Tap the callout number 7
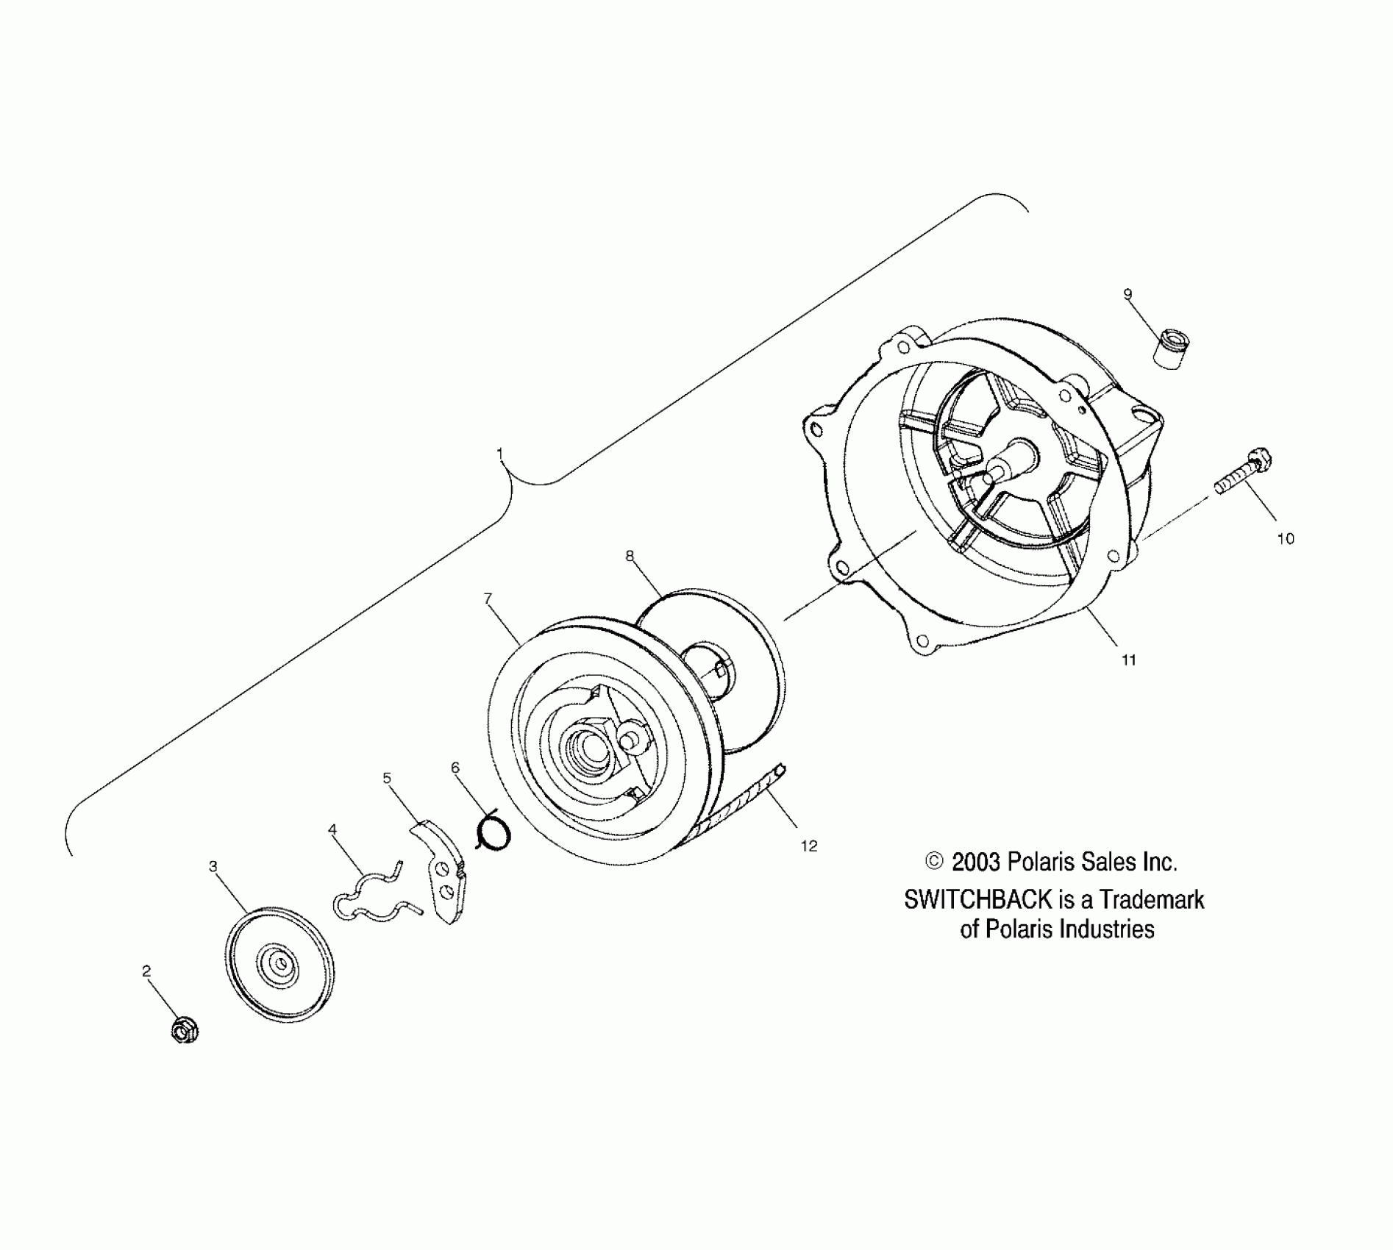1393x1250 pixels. (488, 578)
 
